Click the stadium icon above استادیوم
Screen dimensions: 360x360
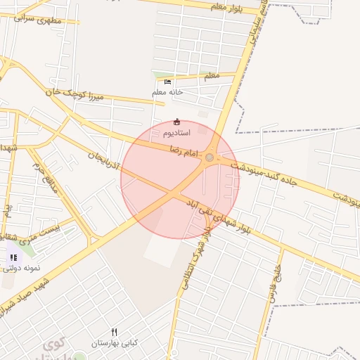pyautogui.click(x=176, y=122)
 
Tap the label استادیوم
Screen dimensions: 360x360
pyautogui.click(x=176, y=132)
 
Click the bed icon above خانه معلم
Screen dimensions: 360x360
pyautogui.click(x=167, y=82)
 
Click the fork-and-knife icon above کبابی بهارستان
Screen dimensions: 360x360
pyautogui.click(x=114, y=332)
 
